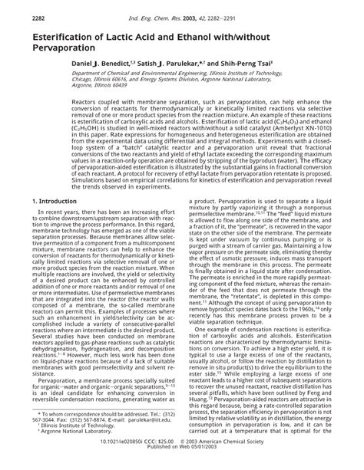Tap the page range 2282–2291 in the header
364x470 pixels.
coord(223,10)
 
